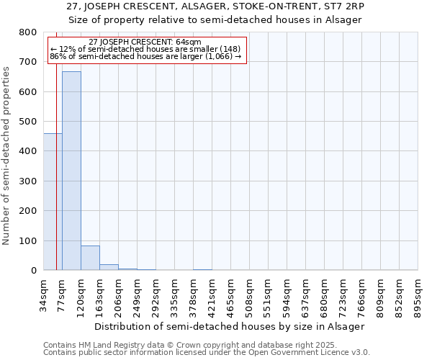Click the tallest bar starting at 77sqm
71,171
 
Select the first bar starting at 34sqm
53,202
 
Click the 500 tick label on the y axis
28,122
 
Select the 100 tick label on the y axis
28,240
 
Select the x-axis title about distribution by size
230,326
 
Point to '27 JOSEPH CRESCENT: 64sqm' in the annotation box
145,42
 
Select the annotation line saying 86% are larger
145,56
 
